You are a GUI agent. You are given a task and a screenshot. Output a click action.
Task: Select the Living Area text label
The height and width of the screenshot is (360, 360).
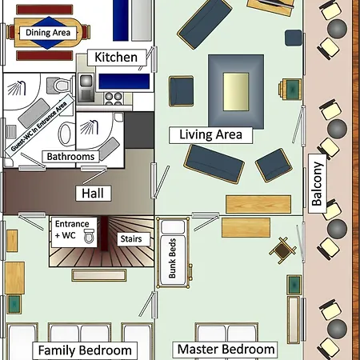[x=210, y=134]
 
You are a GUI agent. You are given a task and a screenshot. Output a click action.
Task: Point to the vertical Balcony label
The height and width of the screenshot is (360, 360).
[x=317, y=184]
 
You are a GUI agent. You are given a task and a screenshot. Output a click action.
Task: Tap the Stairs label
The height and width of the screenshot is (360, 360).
[x=130, y=239]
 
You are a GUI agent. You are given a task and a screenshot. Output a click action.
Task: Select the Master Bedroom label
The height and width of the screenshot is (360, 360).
[x=226, y=350]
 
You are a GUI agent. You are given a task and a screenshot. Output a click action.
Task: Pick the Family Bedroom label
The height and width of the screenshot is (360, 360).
[x=84, y=350]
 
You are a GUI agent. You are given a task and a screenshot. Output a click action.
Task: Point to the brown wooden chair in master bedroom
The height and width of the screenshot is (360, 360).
[x=282, y=250]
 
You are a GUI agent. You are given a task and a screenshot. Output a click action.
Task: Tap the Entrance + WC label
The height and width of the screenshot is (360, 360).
[x=74, y=230]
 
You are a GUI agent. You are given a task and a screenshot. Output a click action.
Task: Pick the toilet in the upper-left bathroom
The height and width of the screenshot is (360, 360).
[x=53, y=85]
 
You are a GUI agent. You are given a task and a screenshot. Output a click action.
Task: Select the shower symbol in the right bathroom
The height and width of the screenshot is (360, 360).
[x=86, y=126]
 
